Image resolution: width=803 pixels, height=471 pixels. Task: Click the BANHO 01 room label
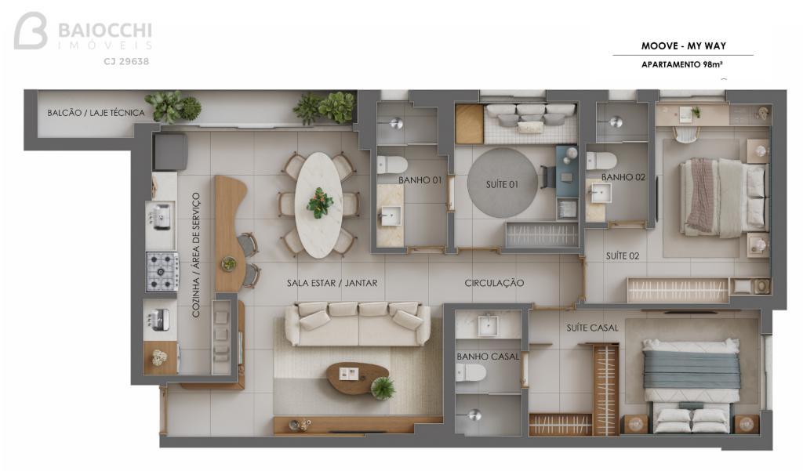click(x=420, y=180)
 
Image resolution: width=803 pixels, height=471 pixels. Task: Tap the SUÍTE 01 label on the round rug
click(x=502, y=184)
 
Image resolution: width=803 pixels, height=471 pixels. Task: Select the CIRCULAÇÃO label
click(x=494, y=283)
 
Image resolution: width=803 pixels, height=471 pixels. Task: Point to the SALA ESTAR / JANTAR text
click(x=332, y=283)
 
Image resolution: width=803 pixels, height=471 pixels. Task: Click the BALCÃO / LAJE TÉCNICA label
click(x=96, y=113)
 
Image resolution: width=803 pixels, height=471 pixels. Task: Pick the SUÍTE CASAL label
click(x=593, y=328)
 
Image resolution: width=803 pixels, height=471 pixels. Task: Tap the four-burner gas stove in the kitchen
click(x=162, y=272)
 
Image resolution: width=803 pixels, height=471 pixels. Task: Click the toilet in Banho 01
click(x=392, y=165)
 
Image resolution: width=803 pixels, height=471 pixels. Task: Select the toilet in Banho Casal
click(x=471, y=373)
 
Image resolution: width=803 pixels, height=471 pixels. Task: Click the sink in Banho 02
click(x=600, y=194)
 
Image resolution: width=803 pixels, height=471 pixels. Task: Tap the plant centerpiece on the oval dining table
click(x=320, y=203)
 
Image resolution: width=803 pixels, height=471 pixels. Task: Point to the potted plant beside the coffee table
click(x=383, y=388)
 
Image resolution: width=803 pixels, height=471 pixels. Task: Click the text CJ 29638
click(x=126, y=61)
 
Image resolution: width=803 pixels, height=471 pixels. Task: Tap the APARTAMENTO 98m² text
click(x=681, y=64)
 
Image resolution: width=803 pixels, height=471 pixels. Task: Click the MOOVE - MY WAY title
click(x=684, y=46)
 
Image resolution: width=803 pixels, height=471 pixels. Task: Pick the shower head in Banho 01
click(x=396, y=123)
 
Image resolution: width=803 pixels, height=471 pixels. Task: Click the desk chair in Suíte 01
click(x=547, y=176)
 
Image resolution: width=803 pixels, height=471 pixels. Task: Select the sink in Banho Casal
click(x=488, y=325)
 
